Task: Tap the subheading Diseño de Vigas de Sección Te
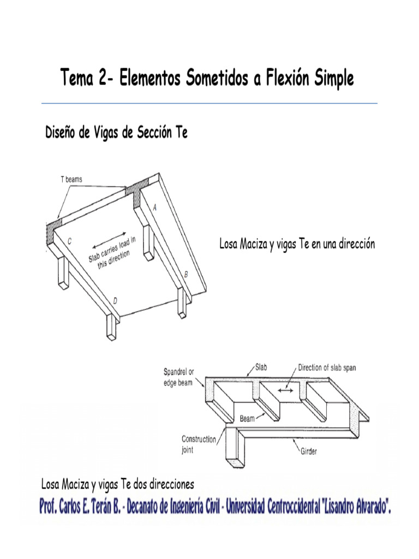(116, 133)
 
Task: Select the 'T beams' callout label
(71, 179)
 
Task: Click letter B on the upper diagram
(185, 275)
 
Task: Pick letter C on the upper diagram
(69, 241)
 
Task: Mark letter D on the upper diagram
(115, 301)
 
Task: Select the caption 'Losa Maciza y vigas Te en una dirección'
(297, 244)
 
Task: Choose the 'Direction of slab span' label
(327, 367)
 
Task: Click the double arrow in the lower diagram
(285, 390)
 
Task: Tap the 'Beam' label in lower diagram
(248, 419)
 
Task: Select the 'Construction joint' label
(199, 444)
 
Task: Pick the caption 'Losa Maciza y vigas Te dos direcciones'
(118, 484)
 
